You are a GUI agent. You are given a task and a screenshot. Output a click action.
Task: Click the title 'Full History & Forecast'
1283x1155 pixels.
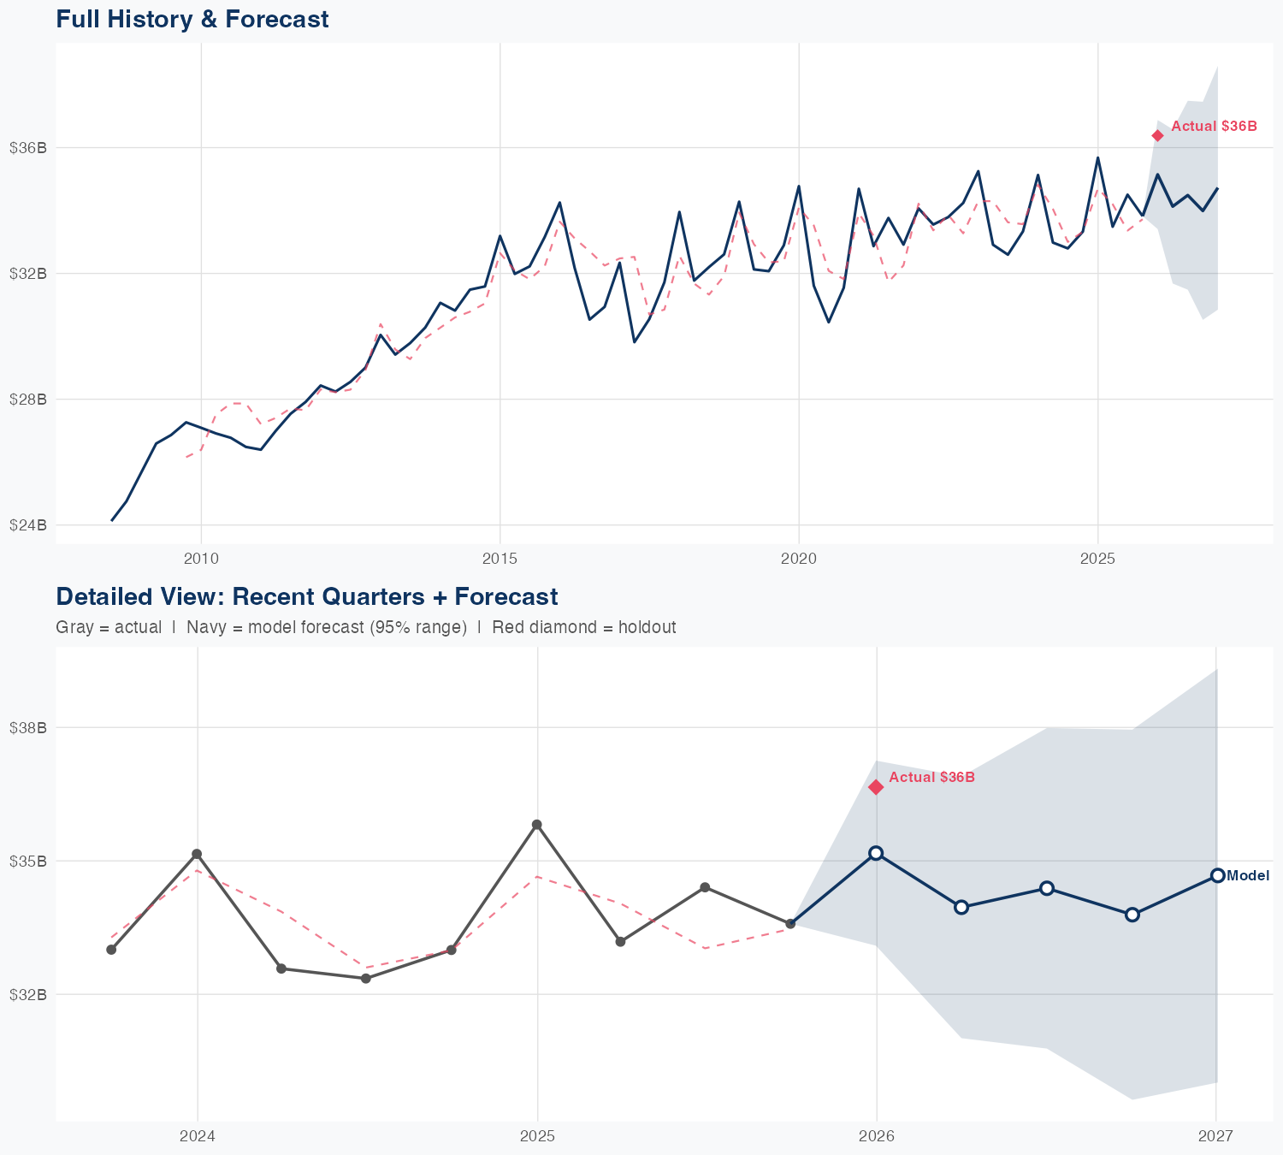pyautogui.click(x=192, y=19)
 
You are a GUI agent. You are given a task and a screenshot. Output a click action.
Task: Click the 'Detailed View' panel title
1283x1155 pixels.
pyautogui.click(x=306, y=596)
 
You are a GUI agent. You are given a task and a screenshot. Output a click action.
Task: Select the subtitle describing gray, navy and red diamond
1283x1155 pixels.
pyautogui.click(x=365, y=627)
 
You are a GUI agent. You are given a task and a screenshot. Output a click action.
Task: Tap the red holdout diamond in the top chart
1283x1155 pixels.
pyautogui.click(x=1157, y=135)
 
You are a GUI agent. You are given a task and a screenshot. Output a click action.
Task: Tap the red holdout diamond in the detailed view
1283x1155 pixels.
pyautogui.click(x=876, y=787)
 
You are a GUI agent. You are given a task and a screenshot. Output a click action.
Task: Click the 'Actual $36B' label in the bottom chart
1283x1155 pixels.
pyautogui.click(x=931, y=777)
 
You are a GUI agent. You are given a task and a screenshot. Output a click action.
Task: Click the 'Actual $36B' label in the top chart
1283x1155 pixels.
pyautogui.click(x=1214, y=126)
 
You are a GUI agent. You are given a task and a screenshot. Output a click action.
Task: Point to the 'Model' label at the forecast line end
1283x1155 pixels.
pyautogui.click(x=1248, y=875)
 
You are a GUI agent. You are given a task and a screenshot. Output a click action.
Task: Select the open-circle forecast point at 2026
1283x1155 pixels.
pyautogui.click(x=876, y=853)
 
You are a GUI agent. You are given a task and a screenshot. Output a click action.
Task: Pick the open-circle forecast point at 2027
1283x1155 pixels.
pyautogui.click(x=1217, y=875)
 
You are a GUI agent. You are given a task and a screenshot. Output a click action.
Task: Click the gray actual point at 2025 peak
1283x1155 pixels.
pyautogui.click(x=536, y=825)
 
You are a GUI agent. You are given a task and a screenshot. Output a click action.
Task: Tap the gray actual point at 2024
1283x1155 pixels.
pyautogui.click(x=197, y=854)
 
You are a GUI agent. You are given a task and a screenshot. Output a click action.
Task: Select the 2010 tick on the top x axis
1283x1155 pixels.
pyautogui.click(x=201, y=559)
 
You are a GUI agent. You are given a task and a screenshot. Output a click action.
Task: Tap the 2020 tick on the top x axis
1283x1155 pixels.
pyautogui.click(x=799, y=559)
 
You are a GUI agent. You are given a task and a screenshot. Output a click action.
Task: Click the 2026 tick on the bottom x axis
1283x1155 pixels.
pyautogui.click(x=876, y=1136)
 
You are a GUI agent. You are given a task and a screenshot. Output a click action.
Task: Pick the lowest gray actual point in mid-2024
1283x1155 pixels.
pyautogui.click(x=366, y=978)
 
